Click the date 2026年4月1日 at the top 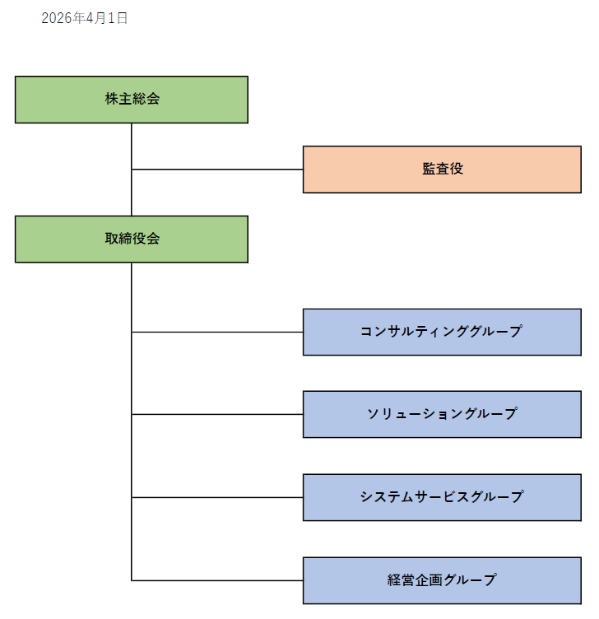click(x=84, y=18)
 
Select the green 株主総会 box click(x=132, y=100)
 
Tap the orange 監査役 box click(x=442, y=170)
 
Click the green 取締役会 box click(x=132, y=239)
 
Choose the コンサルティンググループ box click(x=442, y=332)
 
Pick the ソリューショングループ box click(x=442, y=414)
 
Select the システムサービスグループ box click(x=442, y=497)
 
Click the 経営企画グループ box click(x=442, y=580)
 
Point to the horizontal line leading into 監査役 click(x=217, y=170)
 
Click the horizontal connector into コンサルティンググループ click(x=217, y=332)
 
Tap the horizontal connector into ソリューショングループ click(x=217, y=414)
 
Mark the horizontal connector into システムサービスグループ click(x=217, y=497)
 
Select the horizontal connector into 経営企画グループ click(x=217, y=580)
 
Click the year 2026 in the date click(x=57, y=18)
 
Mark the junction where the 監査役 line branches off click(x=132, y=170)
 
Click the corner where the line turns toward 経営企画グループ click(x=132, y=580)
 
